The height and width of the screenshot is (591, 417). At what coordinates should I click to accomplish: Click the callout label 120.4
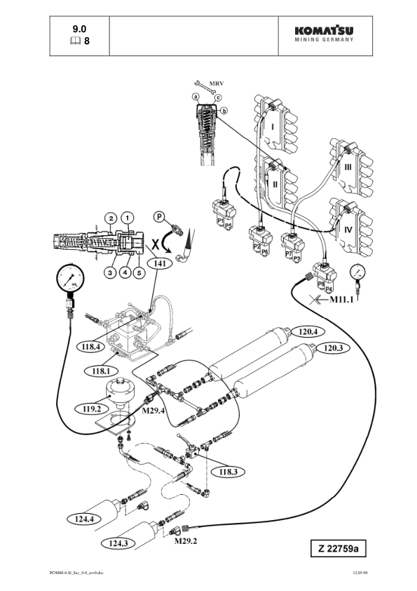coord(308,332)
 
